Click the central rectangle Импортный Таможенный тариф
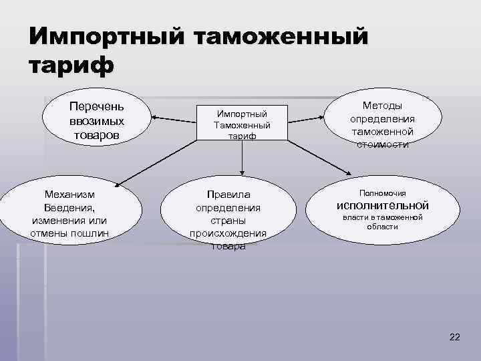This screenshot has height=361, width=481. pyautogui.click(x=242, y=122)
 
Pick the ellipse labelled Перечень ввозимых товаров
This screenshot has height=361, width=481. pyautogui.click(x=98, y=121)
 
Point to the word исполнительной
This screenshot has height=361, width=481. pyautogui.click(x=382, y=205)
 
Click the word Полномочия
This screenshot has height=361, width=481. pyautogui.click(x=382, y=193)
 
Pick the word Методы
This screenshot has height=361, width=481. pyautogui.click(x=382, y=106)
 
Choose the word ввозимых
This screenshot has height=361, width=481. pyautogui.click(x=97, y=121)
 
